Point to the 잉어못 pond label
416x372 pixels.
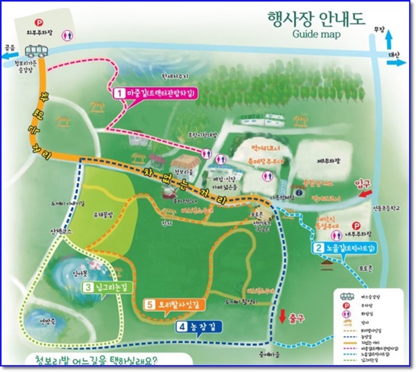pyautogui.click(x=78, y=273)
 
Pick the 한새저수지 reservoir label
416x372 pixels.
pyautogui.click(x=175, y=77)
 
